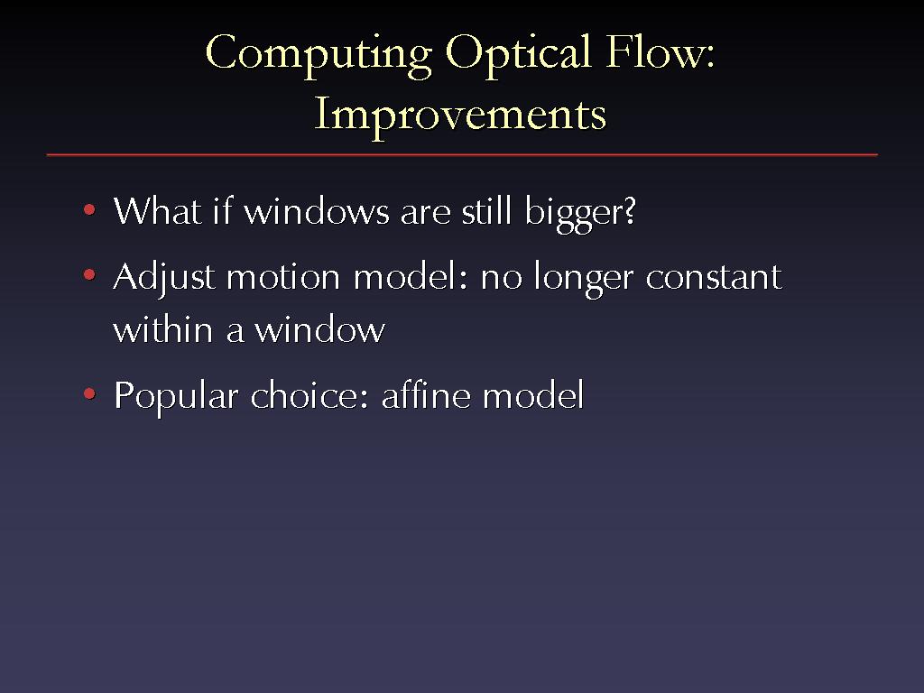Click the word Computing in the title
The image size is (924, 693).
point(319,54)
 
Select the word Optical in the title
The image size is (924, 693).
point(518,54)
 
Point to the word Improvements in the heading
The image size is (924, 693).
point(460,115)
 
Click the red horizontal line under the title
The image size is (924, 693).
point(462,155)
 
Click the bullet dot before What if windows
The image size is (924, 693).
point(89,209)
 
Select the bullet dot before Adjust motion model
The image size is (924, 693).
point(89,274)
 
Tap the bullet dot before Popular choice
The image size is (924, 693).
point(89,393)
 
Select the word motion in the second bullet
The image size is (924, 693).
point(283,276)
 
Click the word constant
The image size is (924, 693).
point(715,276)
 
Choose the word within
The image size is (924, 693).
point(162,328)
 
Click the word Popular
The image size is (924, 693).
point(176,397)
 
